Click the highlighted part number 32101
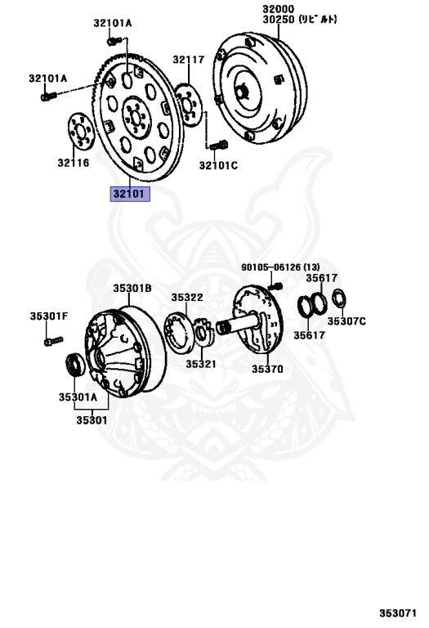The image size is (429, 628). tap(130, 194)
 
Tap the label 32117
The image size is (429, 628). tap(189, 60)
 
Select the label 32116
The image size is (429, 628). tap(74, 163)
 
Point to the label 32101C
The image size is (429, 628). tap(218, 165)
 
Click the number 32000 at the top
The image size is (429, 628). tap(278, 9)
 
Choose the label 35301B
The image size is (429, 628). tap(132, 288)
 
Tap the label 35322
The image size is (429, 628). tap(187, 297)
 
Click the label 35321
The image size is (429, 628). tap(201, 364)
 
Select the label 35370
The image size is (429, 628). tap(267, 369)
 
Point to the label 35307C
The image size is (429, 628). tap(346, 321)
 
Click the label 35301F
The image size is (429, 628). tap(49, 316)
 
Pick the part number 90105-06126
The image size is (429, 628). tap(270, 267)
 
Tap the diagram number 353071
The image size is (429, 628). tap(398, 613)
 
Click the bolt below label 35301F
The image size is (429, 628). tap(54, 341)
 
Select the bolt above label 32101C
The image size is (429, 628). tap(219, 145)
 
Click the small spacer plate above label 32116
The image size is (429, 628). tap(81, 132)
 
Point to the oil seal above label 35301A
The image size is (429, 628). tap(75, 364)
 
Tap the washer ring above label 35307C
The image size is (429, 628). tap(339, 298)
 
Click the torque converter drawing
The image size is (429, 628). tap(260, 88)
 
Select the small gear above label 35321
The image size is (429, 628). tap(204, 332)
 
